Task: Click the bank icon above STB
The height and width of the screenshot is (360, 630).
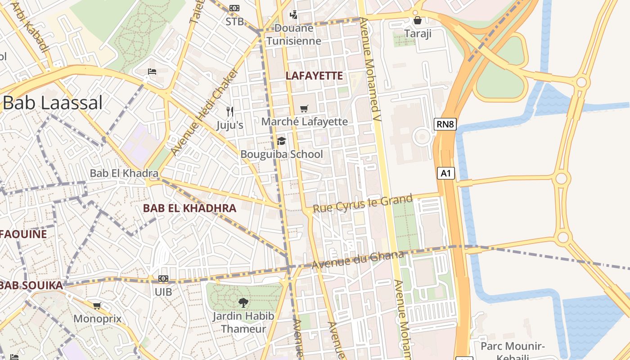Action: [234, 8]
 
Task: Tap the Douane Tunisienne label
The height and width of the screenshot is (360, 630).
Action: [294, 35]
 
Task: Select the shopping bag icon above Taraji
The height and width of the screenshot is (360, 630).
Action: [418, 20]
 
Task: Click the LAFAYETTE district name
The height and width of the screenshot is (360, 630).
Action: [314, 76]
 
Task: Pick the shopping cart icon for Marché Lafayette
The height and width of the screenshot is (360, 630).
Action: [304, 108]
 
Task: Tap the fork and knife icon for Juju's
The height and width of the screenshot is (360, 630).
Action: [230, 111]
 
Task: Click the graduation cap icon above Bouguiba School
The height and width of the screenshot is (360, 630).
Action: [281, 141]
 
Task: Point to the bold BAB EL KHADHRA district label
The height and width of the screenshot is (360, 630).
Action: [189, 208]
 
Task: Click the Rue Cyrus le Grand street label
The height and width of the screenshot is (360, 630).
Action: [362, 203]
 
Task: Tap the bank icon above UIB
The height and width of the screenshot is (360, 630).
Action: [163, 279]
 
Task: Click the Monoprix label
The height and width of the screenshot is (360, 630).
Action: [97, 319]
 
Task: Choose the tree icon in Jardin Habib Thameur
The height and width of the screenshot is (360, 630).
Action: [243, 303]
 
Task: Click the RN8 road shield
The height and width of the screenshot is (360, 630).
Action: [445, 124]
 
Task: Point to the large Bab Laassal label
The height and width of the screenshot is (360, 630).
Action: [53, 103]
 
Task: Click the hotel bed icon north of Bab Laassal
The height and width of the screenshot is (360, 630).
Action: [152, 72]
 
